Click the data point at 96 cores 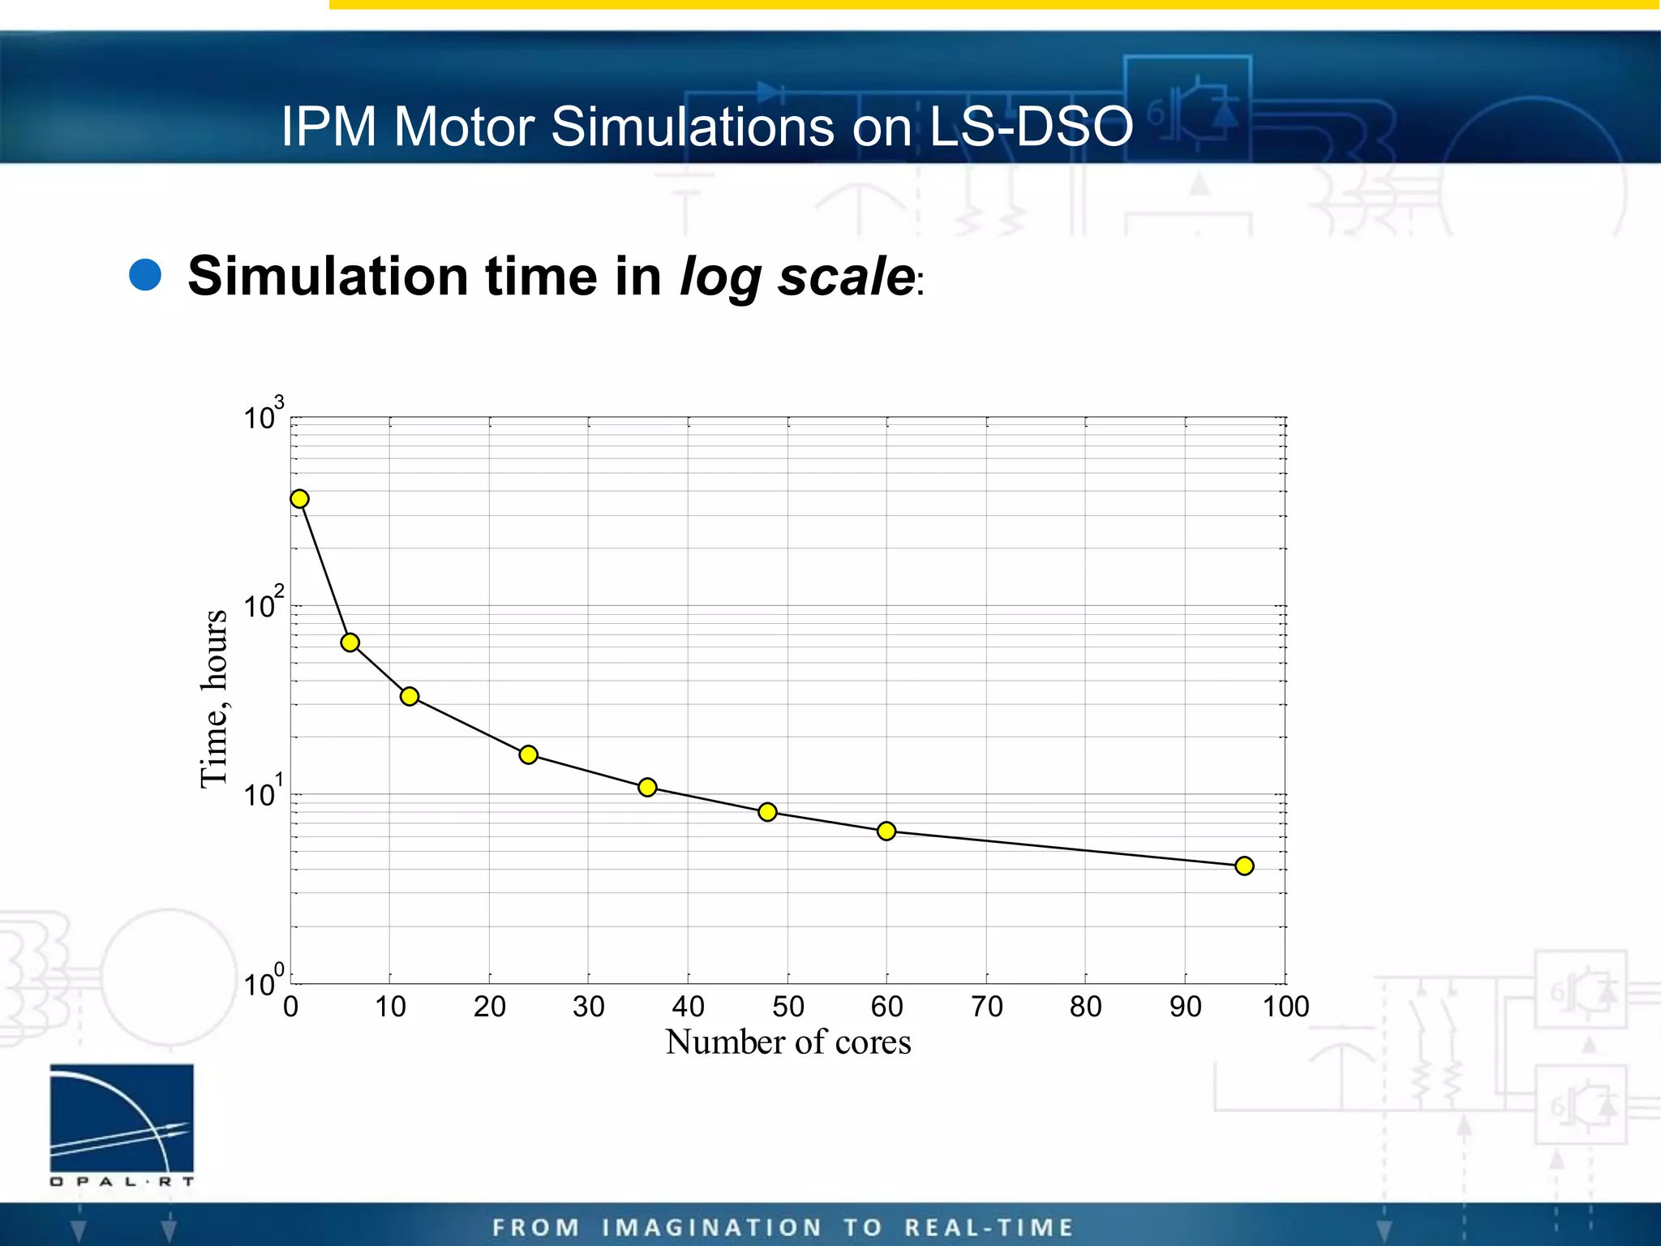pos(1244,866)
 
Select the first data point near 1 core pos(299,498)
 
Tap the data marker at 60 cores pos(886,831)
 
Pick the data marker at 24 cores pos(528,754)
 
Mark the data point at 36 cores pos(647,787)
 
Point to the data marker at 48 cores pos(767,811)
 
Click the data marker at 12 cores pos(410,696)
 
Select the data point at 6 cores pos(350,642)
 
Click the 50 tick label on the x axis pos(788,1007)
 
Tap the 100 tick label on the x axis pos(1285,1007)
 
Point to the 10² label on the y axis pos(264,604)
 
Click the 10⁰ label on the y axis pos(264,982)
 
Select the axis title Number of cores pos(788,1042)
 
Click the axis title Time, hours pos(213,698)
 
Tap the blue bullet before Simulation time pos(146,274)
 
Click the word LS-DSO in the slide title pos(1030,127)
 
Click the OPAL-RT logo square pos(122,1117)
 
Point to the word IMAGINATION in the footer pos(712,1227)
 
